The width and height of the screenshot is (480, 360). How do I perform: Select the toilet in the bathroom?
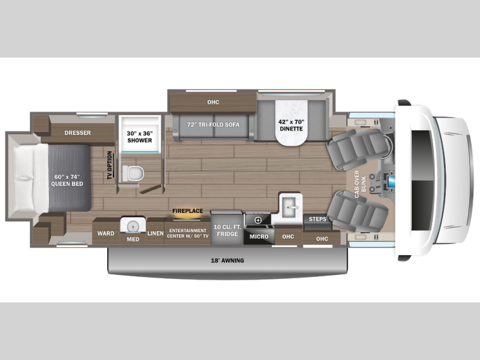click(134, 172)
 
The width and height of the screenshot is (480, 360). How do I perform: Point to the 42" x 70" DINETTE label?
click(291, 125)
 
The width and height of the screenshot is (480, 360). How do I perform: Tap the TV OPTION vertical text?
click(109, 163)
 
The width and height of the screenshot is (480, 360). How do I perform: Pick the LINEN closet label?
click(155, 233)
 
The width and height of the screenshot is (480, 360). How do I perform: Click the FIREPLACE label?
click(188, 211)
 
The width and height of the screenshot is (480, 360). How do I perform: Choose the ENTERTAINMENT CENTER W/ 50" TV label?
click(188, 233)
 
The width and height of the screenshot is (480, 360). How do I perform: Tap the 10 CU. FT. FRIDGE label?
click(227, 230)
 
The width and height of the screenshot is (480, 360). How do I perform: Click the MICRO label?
click(259, 236)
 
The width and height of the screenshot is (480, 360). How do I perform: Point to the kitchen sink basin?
click(290, 208)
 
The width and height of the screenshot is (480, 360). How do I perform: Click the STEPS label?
click(317, 220)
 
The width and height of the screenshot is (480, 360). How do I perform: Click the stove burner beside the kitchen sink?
click(258, 220)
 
